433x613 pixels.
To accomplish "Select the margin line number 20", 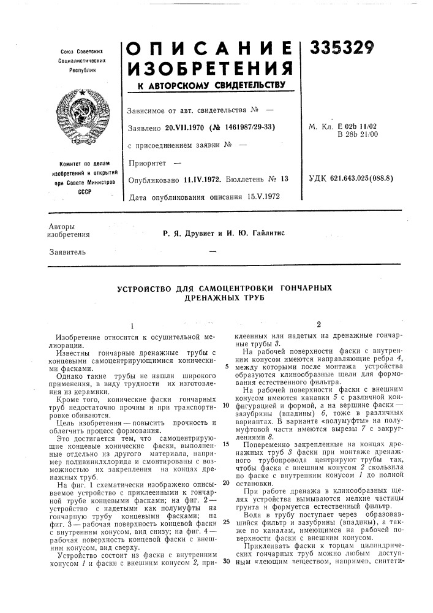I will point(226,466).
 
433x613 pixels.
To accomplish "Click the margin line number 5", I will point(226,367).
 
